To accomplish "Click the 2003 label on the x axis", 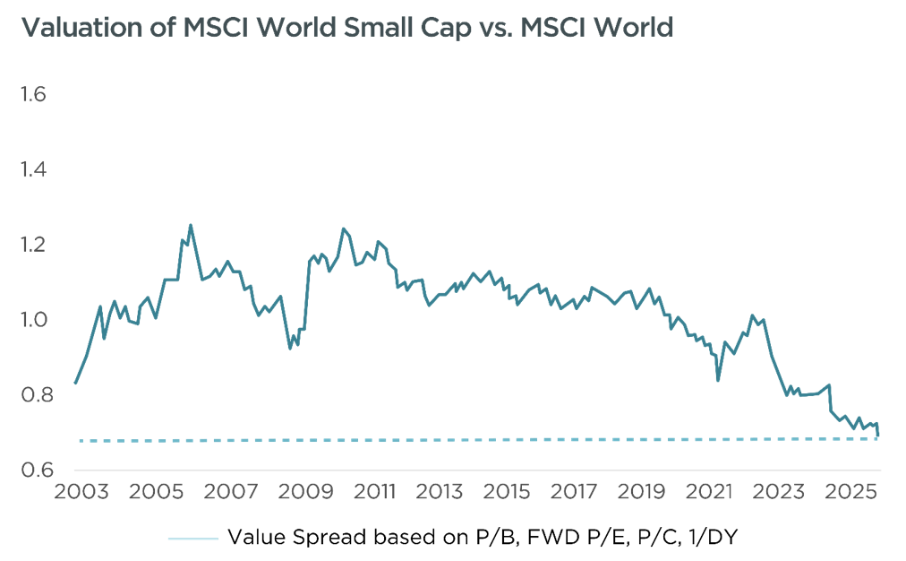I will pos(82,492).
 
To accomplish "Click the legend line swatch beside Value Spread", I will pos(192,538).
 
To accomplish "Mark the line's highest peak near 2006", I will pos(191,225).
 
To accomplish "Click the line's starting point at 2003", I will pos(75,384).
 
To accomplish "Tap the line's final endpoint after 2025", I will pos(879,436).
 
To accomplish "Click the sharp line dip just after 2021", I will pos(718,380).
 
